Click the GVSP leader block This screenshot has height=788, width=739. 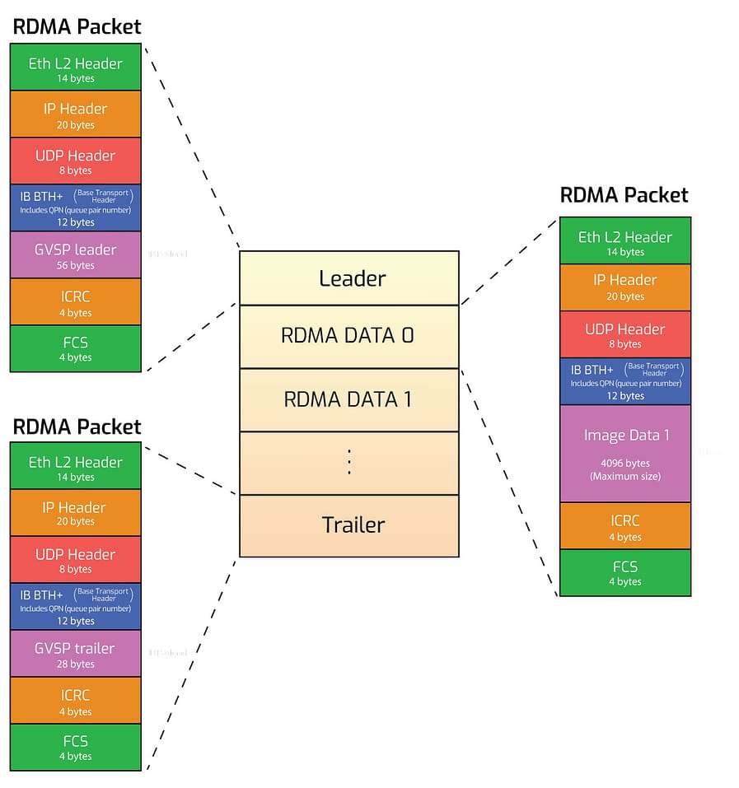point(75,255)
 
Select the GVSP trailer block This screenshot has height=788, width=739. point(75,654)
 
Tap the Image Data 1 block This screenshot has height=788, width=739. point(625,453)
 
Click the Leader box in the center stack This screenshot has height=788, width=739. point(348,278)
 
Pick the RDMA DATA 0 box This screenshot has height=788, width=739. point(348,336)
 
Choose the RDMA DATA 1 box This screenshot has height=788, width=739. point(348,399)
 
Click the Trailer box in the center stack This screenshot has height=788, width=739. point(348,525)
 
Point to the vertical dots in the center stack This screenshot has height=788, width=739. point(348,463)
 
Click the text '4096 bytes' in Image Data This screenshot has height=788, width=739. point(625,462)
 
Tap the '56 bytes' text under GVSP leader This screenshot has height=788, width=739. point(76,265)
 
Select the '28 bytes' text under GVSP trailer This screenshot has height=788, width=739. point(76,664)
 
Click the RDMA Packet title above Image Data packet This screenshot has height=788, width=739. point(624,195)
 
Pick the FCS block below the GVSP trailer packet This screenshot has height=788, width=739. point(75,747)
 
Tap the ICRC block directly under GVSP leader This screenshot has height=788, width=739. point(75,302)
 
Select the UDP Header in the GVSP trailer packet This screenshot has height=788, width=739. point(75,559)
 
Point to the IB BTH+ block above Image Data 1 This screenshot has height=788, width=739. point(625,381)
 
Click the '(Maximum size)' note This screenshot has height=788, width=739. point(625,477)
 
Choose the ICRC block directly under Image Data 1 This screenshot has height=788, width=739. point(625,525)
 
